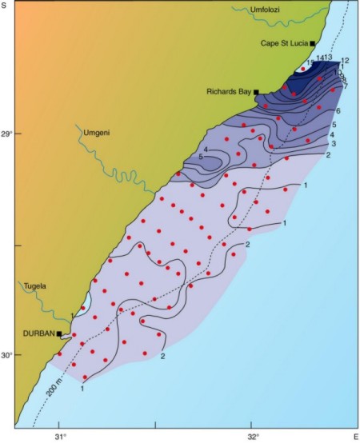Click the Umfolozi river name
pyautogui.click(x=267, y=10)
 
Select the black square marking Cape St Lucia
pyautogui.click(x=313, y=43)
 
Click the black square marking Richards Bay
pyautogui.click(x=256, y=92)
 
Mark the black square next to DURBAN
pyautogui.click(x=59, y=333)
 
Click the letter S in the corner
pyautogui.click(x=5, y=6)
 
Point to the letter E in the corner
pyautogui.click(x=355, y=437)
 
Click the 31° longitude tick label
pyautogui.click(x=59, y=437)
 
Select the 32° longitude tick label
pyautogui.click(x=253, y=437)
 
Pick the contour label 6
pyautogui.click(x=339, y=110)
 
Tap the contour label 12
pyautogui.click(x=345, y=61)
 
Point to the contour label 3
pyautogui.click(x=333, y=143)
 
